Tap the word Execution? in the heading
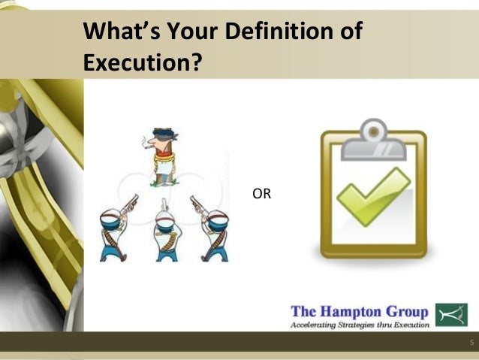(x=142, y=62)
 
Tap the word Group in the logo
(x=408, y=312)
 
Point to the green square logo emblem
(x=451, y=314)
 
